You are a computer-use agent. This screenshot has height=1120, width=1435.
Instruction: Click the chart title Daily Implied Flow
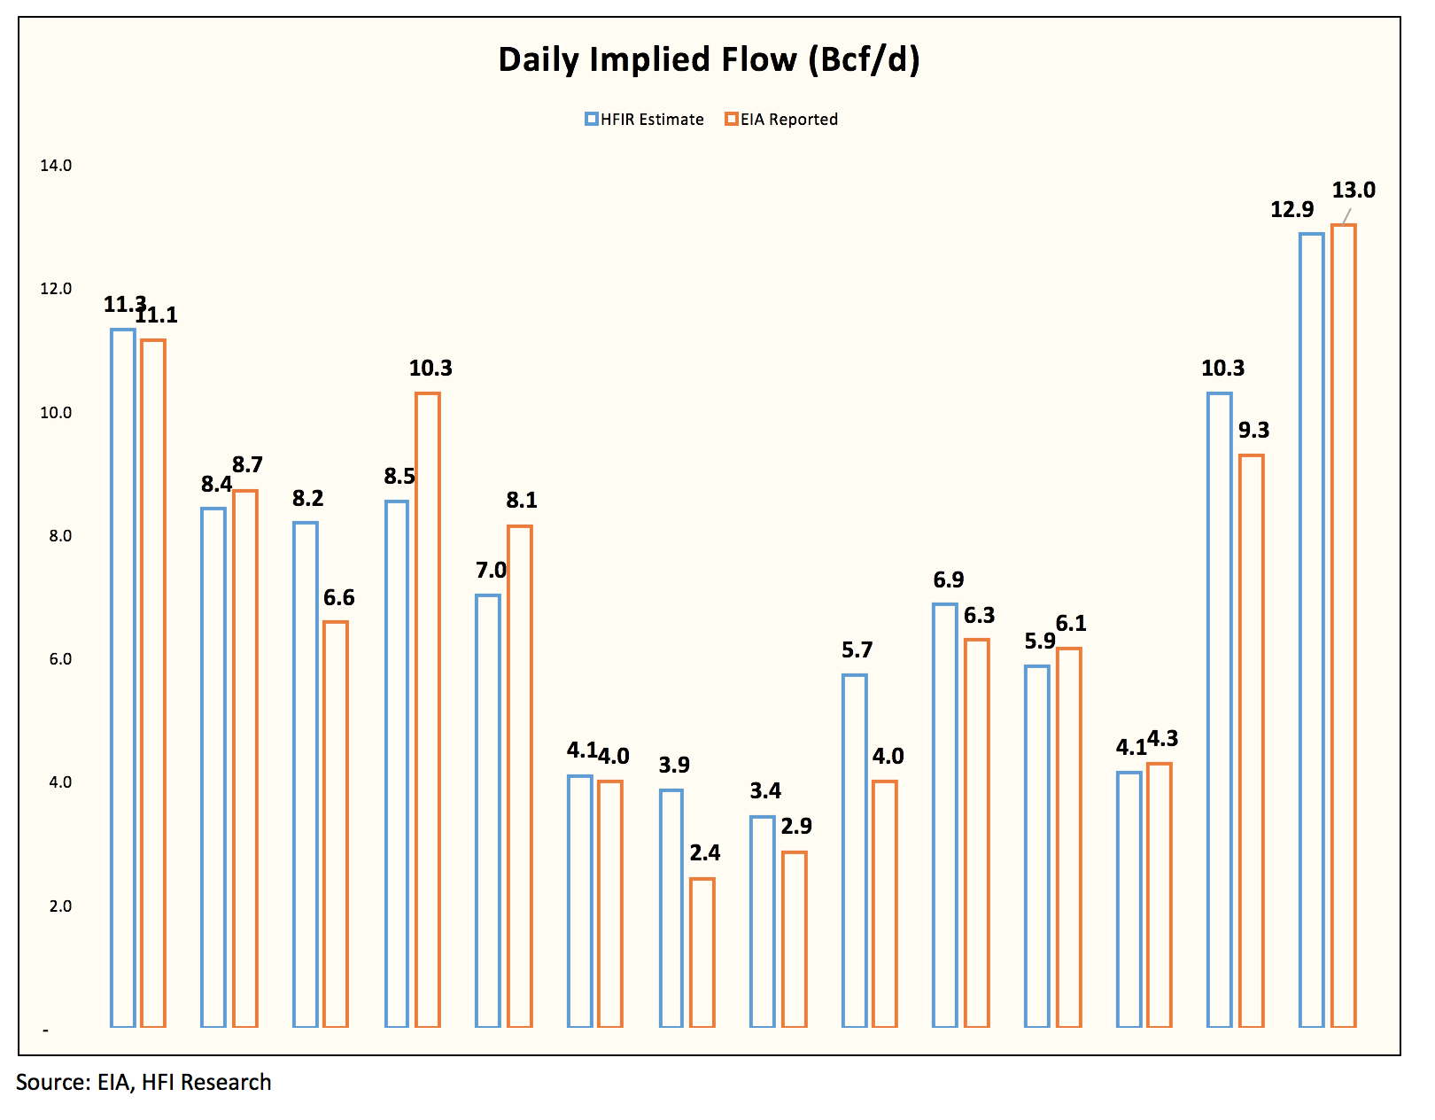click(709, 59)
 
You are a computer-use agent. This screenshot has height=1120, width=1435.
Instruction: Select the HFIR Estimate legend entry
click(645, 120)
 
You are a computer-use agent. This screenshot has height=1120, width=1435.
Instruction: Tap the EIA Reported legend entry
click(781, 120)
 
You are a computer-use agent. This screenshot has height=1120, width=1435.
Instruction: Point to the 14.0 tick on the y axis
click(56, 165)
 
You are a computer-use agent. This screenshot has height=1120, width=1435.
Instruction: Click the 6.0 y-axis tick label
click(60, 658)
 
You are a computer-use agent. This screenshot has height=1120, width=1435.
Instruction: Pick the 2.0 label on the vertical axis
click(60, 906)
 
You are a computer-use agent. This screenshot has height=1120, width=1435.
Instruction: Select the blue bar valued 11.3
click(123, 678)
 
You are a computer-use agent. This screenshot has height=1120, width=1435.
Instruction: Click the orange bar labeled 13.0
click(1343, 626)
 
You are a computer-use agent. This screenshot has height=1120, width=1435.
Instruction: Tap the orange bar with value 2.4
click(702, 953)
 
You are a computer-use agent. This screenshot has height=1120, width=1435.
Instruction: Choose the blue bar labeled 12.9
click(1312, 629)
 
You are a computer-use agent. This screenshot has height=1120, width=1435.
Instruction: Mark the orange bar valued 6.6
click(336, 823)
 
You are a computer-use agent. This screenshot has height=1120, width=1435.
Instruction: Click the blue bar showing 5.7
click(855, 851)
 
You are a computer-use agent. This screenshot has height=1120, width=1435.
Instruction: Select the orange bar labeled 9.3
click(1252, 740)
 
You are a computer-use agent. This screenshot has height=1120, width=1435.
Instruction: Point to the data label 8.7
click(247, 465)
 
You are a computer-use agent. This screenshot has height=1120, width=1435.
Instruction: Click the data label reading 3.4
click(765, 790)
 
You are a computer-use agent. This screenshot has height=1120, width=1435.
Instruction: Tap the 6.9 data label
click(949, 579)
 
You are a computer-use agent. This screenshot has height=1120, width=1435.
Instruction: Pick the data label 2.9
click(796, 826)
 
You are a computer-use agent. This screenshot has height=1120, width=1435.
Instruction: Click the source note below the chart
click(143, 1083)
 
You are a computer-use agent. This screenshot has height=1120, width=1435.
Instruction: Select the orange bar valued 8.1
click(520, 776)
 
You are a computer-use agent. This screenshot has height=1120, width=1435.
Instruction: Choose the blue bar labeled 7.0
click(488, 810)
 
